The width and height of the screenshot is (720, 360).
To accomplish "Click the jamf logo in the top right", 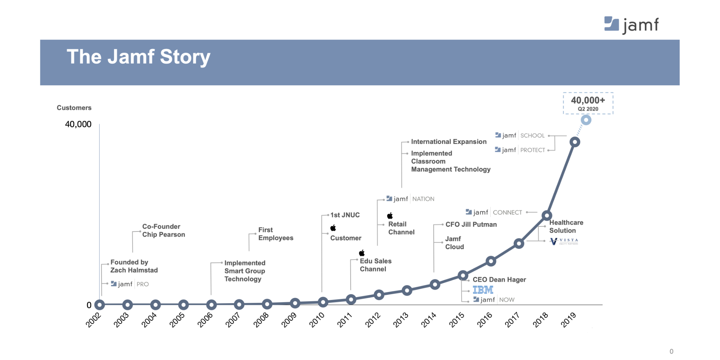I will [x=631, y=25].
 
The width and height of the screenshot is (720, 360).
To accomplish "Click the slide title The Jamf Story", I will [x=139, y=57].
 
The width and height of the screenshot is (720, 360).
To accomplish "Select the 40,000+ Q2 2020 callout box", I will [x=588, y=103].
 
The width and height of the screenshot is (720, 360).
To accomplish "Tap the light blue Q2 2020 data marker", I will [x=586, y=120].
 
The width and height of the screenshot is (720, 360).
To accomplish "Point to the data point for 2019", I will [x=575, y=142].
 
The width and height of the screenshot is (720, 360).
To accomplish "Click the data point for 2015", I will [x=463, y=276].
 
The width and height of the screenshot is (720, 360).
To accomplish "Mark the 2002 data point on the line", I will [x=99, y=305].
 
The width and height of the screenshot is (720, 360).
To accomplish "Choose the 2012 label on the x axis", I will [x=373, y=320].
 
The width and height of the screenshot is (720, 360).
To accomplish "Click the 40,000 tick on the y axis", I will [x=78, y=124].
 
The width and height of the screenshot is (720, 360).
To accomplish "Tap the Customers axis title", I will [x=74, y=108].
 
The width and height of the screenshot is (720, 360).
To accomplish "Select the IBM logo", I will [x=483, y=289].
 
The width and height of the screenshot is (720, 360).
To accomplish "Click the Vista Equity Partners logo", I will [x=564, y=241].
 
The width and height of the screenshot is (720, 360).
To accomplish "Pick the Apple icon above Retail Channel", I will [x=390, y=216].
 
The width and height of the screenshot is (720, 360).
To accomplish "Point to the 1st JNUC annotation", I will [x=345, y=215].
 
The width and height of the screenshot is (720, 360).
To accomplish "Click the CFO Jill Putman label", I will [x=471, y=224].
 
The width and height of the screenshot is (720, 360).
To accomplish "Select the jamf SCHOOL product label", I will [x=520, y=135].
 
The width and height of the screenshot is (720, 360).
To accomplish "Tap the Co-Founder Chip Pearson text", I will [x=163, y=230].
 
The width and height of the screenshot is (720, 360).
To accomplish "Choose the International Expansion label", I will [x=449, y=141].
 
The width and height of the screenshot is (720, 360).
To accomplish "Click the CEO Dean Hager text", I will [x=499, y=279].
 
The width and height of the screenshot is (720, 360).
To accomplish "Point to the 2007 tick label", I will [x=233, y=320].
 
